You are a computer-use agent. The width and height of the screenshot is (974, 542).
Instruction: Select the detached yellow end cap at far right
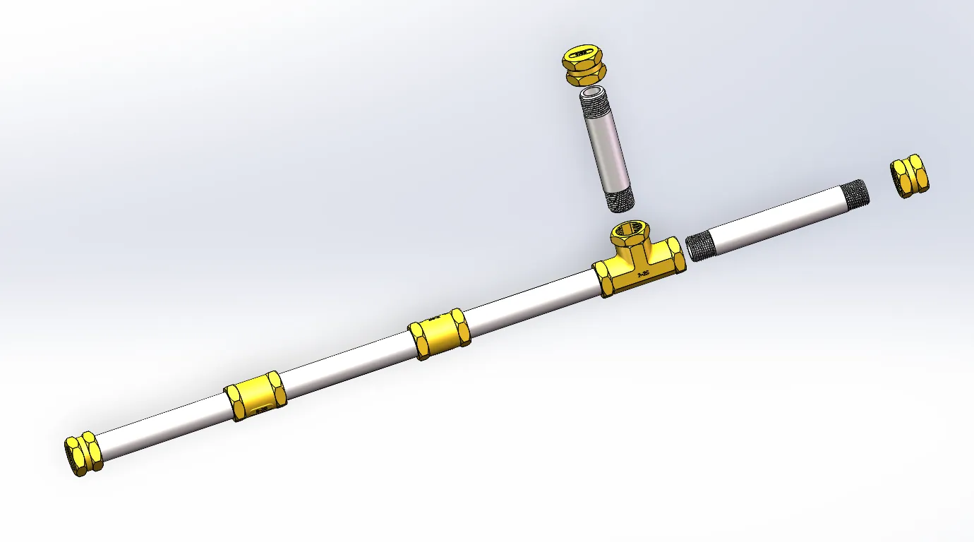(909, 176)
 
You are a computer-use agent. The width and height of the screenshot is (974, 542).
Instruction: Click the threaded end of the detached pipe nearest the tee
(701, 247)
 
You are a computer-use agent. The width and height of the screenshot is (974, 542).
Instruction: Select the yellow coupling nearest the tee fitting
(439, 334)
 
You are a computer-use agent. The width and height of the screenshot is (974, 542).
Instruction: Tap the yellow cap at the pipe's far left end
(83, 453)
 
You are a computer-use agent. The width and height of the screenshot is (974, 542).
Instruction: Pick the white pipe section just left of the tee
(529, 300)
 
